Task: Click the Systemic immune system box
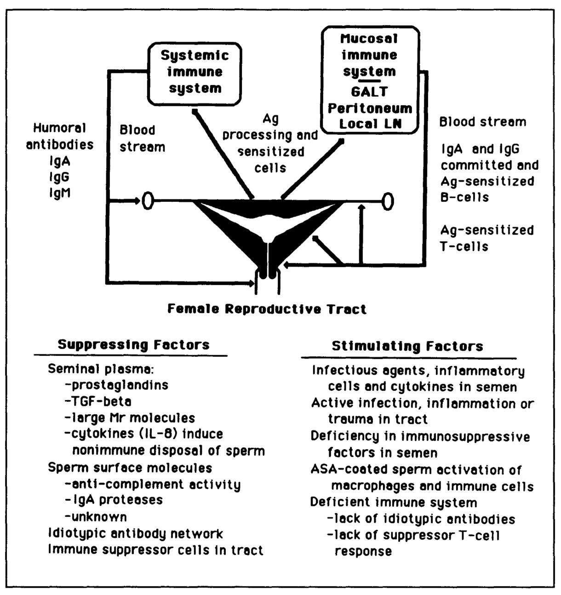[195, 74]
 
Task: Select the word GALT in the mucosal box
[370, 92]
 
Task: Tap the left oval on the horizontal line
[148, 200]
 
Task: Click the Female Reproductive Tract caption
[267, 309]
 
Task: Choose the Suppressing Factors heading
[134, 345]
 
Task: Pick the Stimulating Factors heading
[407, 346]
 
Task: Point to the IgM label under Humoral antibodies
[60, 193]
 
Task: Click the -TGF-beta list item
[98, 401]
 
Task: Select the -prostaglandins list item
[117, 385]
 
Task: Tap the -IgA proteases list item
[114, 500]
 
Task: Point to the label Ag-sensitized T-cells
[487, 239]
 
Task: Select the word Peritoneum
[370, 108]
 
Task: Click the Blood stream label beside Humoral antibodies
[143, 138]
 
